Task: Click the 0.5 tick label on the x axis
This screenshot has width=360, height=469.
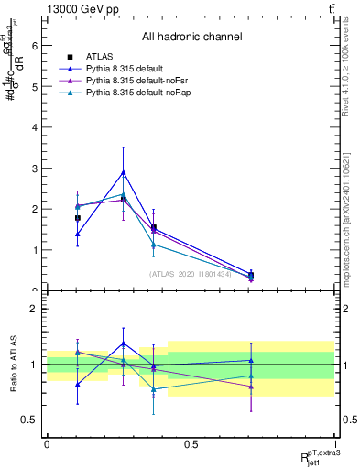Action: pos(191,445)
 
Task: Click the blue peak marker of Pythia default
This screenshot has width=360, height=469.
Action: pos(124,172)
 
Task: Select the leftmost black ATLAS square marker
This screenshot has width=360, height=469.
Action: pos(78,218)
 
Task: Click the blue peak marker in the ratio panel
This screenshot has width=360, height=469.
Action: pos(124,344)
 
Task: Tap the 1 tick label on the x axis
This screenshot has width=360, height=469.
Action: pos(334,445)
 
